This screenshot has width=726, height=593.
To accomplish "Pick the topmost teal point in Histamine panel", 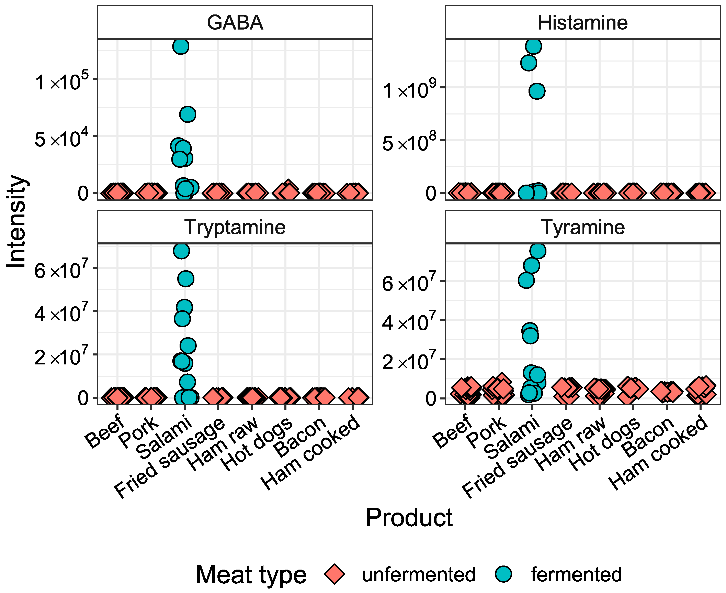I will point(533,46).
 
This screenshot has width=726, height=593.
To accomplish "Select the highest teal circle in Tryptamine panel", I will point(181,251).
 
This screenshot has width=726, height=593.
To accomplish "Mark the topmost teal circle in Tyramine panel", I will point(538,251).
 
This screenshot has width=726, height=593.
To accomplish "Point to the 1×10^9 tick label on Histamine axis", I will point(410,89).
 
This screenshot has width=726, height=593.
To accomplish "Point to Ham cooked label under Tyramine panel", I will point(659,453).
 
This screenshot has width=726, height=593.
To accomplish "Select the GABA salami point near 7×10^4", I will point(187,114).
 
